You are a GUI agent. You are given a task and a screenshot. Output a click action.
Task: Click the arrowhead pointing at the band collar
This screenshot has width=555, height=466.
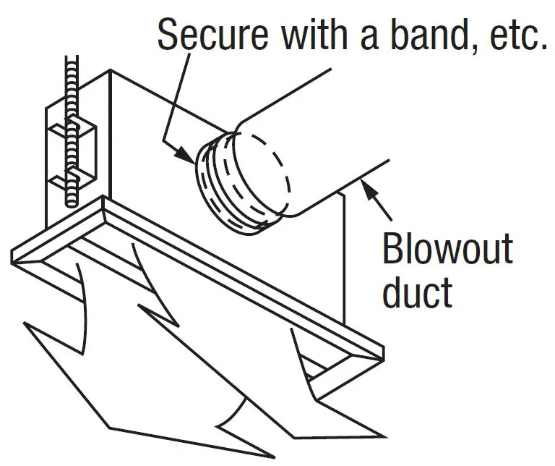point(186,155)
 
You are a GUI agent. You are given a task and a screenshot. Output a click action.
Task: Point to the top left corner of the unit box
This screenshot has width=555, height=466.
point(110,71)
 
